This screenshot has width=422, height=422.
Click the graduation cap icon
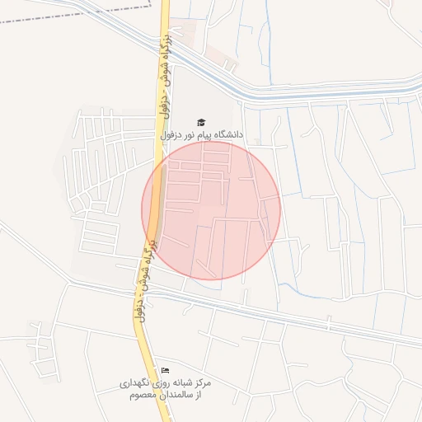click(x=202, y=122)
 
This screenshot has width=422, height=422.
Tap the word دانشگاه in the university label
click(x=228, y=134)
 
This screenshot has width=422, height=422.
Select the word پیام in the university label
click(x=204, y=134)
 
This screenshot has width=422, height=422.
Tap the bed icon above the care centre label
click(x=165, y=370)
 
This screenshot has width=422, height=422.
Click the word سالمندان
click(x=172, y=396)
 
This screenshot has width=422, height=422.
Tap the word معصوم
click(x=142, y=396)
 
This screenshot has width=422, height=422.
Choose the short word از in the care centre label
click(x=198, y=396)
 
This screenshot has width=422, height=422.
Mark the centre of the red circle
click(x=211, y=210)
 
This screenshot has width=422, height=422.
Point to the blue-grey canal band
click(x=288, y=94)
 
